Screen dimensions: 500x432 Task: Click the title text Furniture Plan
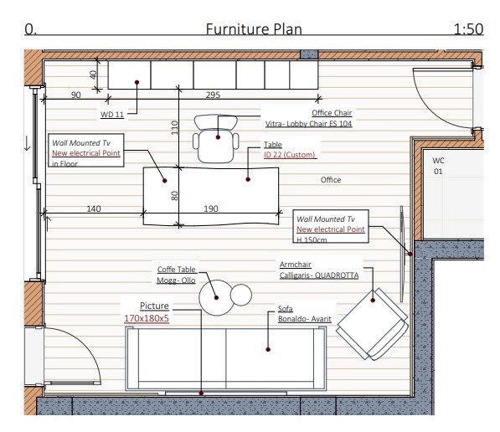click(x=254, y=29)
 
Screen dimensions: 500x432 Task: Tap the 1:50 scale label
click(x=468, y=29)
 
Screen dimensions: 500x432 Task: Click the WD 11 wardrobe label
click(x=112, y=115)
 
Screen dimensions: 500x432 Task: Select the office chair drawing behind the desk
click(x=216, y=138)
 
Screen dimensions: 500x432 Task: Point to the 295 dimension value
click(x=213, y=95)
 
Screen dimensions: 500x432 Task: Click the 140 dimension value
click(x=94, y=208)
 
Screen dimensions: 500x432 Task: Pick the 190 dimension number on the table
click(x=211, y=208)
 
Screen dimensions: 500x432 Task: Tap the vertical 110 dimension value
click(x=174, y=127)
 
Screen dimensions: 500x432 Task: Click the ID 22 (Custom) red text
click(x=290, y=155)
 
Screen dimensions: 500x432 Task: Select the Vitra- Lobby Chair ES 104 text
click(x=309, y=124)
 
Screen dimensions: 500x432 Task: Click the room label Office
click(x=331, y=180)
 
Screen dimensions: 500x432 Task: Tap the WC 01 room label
click(x=438, y=166)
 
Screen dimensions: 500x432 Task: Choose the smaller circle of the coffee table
click(x=240, y=295)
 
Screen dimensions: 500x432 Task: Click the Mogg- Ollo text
click(x=176, y=280)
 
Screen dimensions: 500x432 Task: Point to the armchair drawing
click(x=373, y=324)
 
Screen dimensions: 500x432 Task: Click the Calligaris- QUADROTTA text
click(x=319, y=275)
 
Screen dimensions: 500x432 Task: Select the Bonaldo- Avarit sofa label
click(x=305, y=319)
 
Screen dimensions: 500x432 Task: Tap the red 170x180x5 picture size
click(x=147, y=318)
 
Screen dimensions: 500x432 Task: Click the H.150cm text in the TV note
click(x=312, y=239)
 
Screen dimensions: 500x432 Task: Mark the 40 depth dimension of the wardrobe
click(x=93, y=75)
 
